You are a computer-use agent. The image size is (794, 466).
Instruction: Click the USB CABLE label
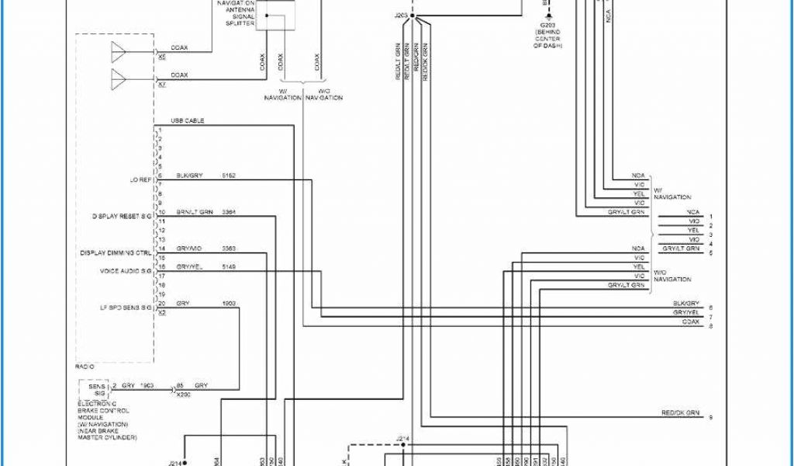point(188,121)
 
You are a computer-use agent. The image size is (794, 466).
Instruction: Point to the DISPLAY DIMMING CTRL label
point(116,253)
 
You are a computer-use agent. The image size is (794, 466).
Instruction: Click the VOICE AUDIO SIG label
point(125,271)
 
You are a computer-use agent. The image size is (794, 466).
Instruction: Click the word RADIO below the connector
point(85,365)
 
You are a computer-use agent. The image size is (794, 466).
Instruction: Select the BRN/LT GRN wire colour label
point(194,211)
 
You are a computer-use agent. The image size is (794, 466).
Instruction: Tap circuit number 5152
point(228,176)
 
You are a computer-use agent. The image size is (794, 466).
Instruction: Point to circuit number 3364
point(229,211)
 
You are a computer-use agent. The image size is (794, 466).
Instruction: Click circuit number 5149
point(229,266)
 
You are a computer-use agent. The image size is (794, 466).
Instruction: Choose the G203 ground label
point(547,25)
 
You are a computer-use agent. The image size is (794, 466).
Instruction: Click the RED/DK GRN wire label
point(680,412)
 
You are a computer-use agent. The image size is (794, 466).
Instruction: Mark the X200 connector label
point(183,395)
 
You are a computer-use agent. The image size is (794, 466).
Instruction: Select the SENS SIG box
point(96,390)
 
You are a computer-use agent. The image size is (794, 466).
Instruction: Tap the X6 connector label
point(161,57)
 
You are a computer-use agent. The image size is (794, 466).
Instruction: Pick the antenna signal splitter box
point(275,16)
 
